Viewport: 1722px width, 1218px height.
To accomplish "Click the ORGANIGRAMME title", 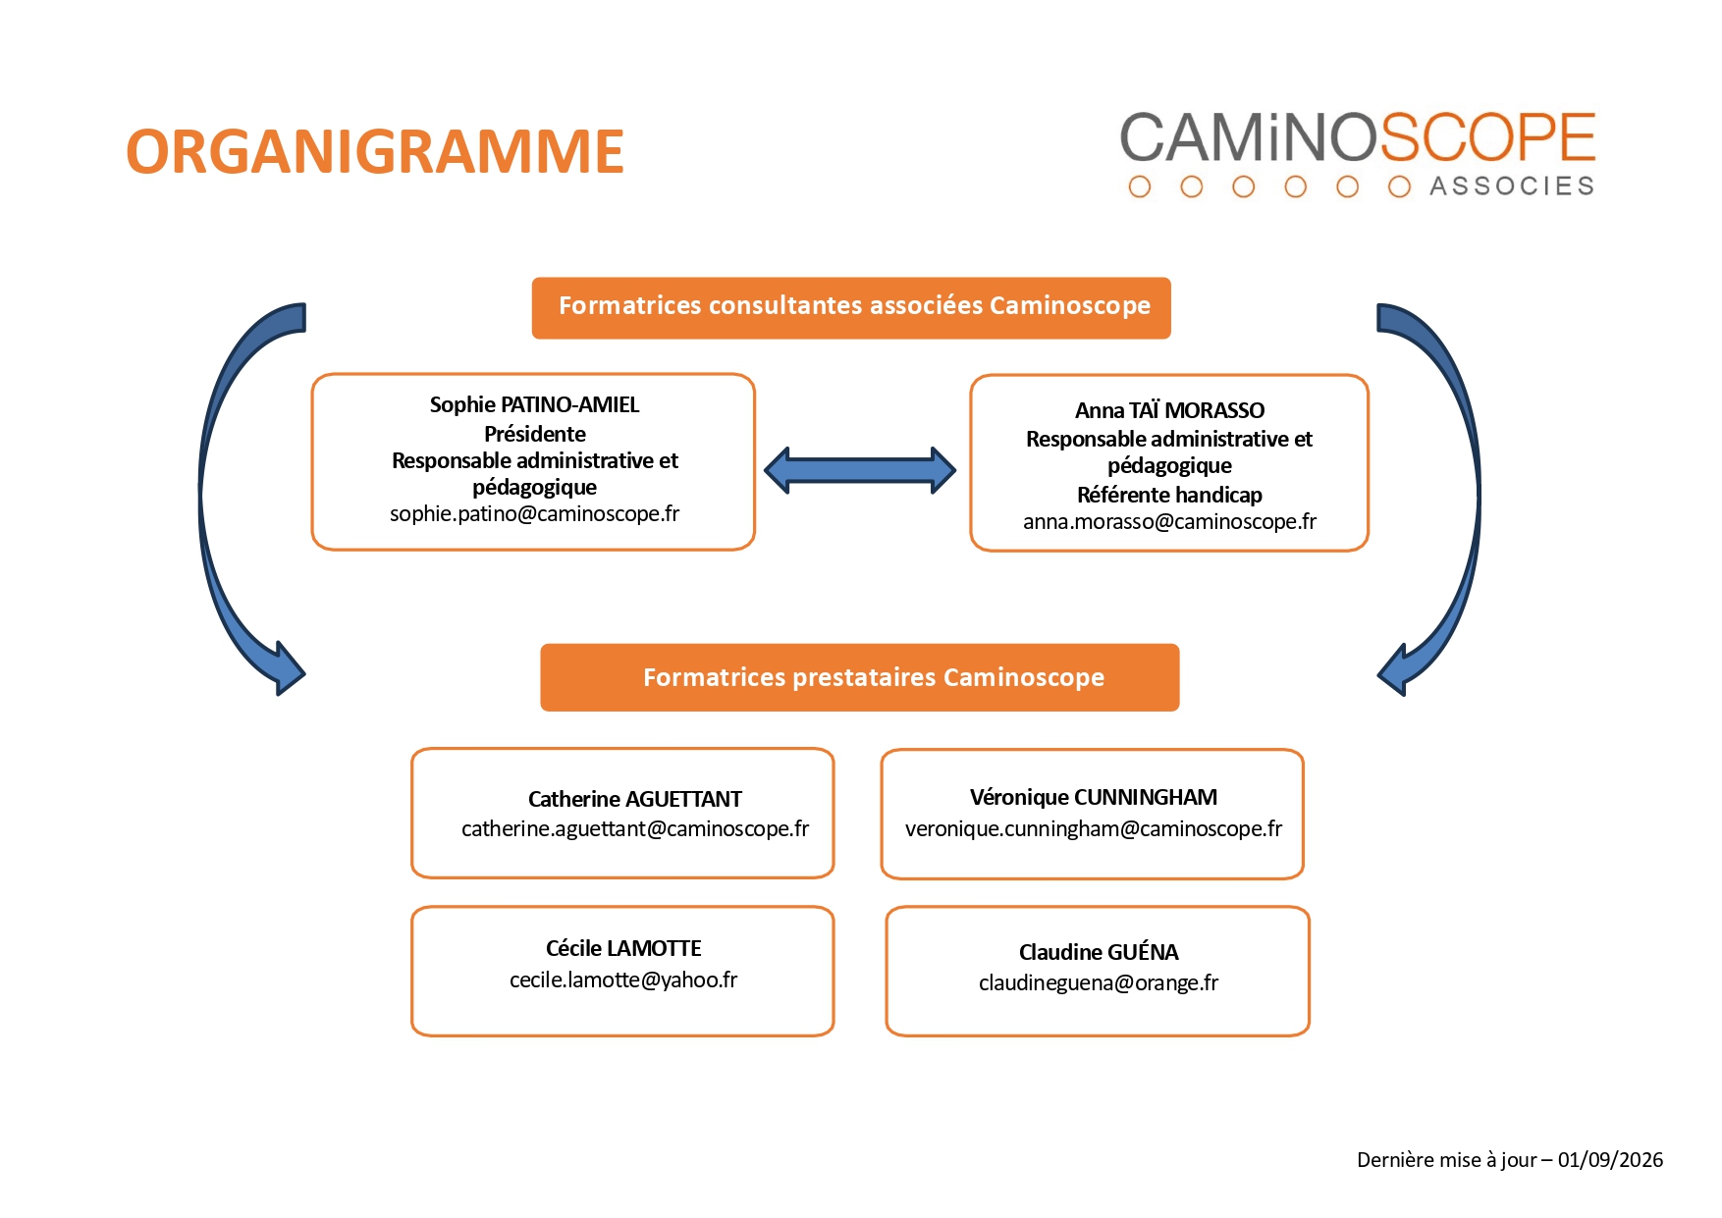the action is [375, 152].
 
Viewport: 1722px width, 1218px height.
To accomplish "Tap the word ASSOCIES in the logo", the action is [1511, 186].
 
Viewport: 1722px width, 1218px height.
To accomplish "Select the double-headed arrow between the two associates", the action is [860, 470].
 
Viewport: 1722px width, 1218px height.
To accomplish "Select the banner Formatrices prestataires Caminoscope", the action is [860, 677].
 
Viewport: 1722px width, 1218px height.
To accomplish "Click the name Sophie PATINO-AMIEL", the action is [534, 404].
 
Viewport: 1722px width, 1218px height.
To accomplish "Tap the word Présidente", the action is [534, 434].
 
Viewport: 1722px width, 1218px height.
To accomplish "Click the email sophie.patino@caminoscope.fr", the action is [534, 514].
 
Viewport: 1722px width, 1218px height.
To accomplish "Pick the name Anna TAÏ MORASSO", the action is [1169, 410].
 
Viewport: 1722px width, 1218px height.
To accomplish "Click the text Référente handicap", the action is [1169, 495].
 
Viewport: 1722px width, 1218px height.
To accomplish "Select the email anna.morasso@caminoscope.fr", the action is [1169, 522].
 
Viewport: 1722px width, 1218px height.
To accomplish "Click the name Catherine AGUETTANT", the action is [634, 799].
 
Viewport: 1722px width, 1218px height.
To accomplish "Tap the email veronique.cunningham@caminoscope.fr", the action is [1093, 829].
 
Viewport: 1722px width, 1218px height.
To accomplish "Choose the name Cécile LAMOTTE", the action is [623, 948].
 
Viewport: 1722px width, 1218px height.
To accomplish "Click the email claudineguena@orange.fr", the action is [1098, 983].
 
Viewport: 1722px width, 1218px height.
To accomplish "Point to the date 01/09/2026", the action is [1610, 1160].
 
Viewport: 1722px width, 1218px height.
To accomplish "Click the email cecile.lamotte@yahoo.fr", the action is [623, 980].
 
